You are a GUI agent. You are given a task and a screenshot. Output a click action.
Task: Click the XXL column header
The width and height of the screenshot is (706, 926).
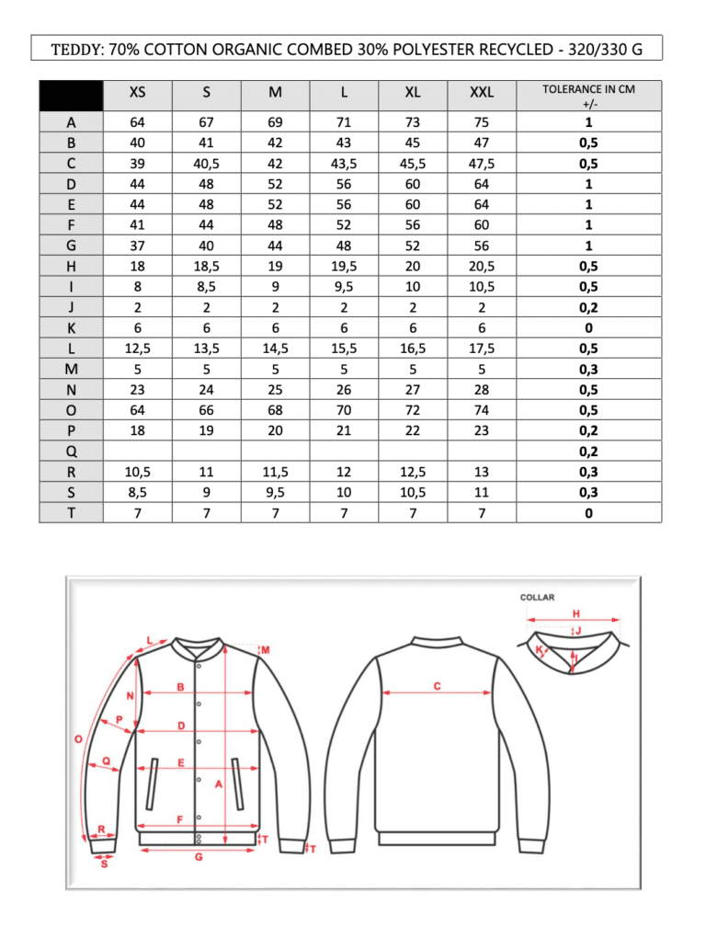pos(481,92)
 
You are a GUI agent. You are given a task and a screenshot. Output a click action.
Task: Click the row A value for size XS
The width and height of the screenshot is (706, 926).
pos(137,122)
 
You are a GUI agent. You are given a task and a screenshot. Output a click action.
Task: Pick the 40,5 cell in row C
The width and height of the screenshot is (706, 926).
pos(206,164)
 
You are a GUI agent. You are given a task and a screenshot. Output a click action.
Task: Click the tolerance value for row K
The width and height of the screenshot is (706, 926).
pos(588,327)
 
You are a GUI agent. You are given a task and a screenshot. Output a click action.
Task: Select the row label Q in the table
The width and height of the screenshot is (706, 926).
pos(71,451)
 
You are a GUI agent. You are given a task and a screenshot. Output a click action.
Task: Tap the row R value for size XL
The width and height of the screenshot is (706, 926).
pos(413,471)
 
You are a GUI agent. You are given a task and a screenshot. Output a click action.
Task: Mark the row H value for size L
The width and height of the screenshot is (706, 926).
pos(344,266)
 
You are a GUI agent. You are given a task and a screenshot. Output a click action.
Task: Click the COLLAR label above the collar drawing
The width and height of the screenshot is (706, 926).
pos(538,598)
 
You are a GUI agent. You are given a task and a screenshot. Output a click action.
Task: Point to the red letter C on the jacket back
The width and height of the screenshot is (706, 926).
pos(437,685)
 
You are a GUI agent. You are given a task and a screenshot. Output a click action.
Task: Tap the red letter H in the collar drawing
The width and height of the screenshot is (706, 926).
pos(575,613)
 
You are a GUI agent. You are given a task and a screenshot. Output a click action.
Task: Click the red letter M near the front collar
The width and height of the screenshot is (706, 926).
pos(265,650)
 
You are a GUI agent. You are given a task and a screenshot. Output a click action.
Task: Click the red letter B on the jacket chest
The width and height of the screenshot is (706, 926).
pos(180,688)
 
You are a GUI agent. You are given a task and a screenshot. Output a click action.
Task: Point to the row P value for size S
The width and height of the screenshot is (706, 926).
pos(206,429)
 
